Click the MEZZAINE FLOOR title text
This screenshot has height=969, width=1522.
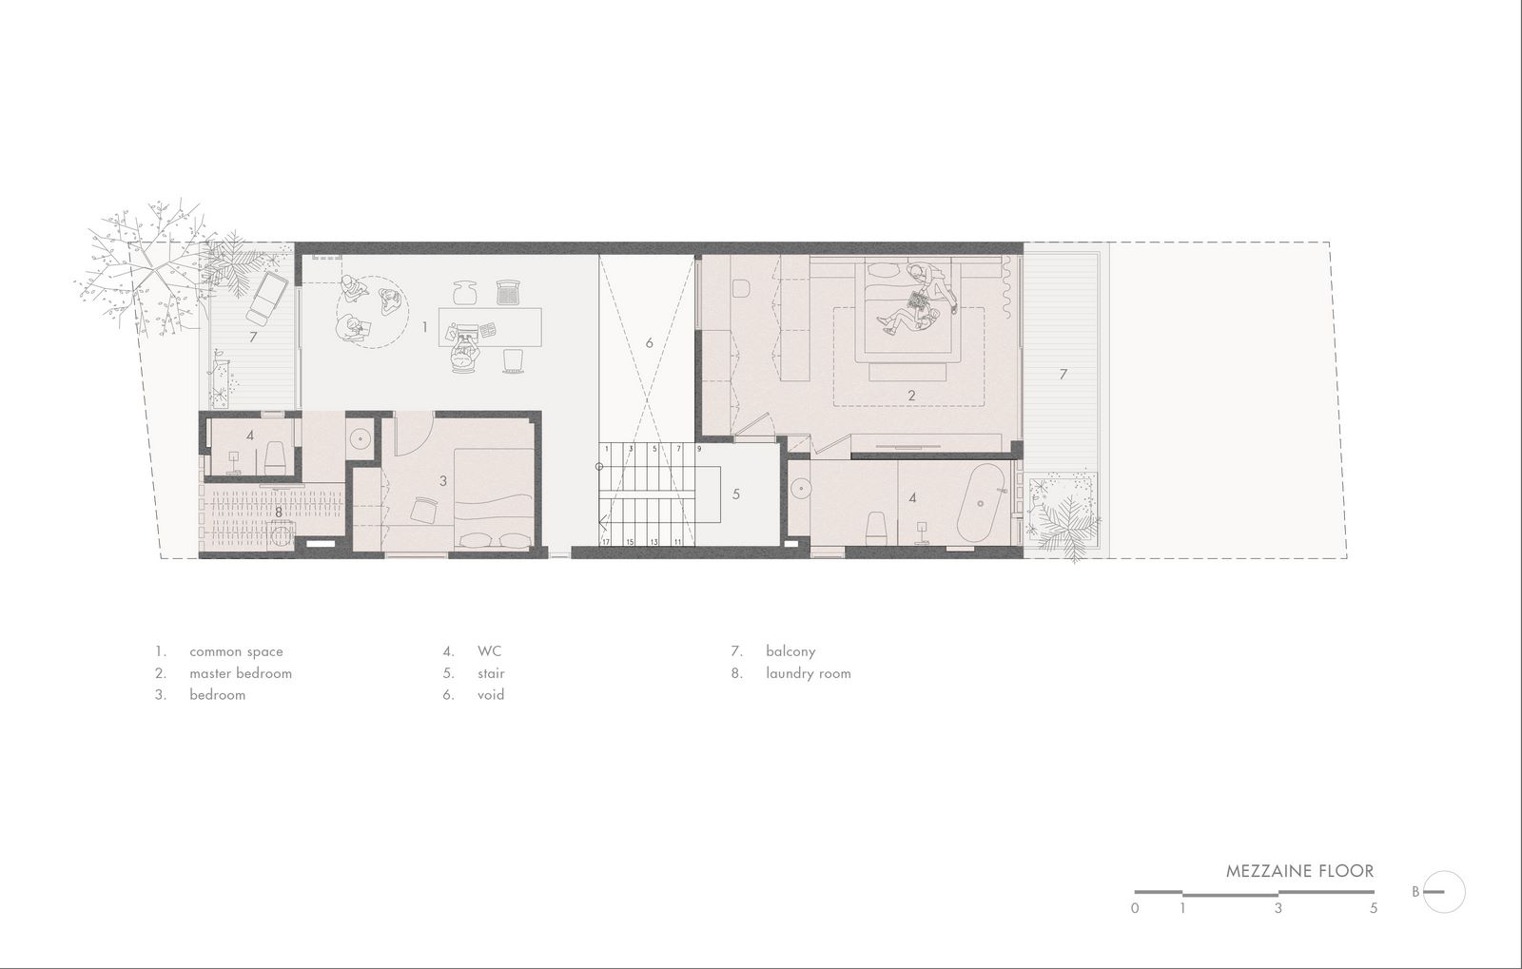coord(1299,871)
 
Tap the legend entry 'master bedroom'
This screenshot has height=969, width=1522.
coord(241,673)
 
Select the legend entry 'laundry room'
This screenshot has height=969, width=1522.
coord(808,673)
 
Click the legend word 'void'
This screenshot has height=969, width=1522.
coord(491,695)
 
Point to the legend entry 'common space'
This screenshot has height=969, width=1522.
coord(236,652)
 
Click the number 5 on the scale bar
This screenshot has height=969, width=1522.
coord(1374,908)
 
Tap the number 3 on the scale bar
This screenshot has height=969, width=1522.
coord(1278,908)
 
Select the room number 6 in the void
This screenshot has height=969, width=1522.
coord(649,343)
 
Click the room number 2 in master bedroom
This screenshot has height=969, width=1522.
coord(912,396)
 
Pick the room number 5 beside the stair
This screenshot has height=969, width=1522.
coord(736,494)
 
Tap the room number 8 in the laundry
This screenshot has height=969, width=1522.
coord(278,513)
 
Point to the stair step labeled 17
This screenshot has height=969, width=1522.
coord(605,542)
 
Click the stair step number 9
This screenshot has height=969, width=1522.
coord(698,449)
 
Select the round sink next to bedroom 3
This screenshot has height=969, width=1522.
coord(361,438)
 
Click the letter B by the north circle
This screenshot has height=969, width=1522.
coord(1415,892)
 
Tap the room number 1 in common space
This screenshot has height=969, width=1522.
coord(424,327)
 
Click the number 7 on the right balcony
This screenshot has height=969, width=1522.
coord(1063,374)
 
